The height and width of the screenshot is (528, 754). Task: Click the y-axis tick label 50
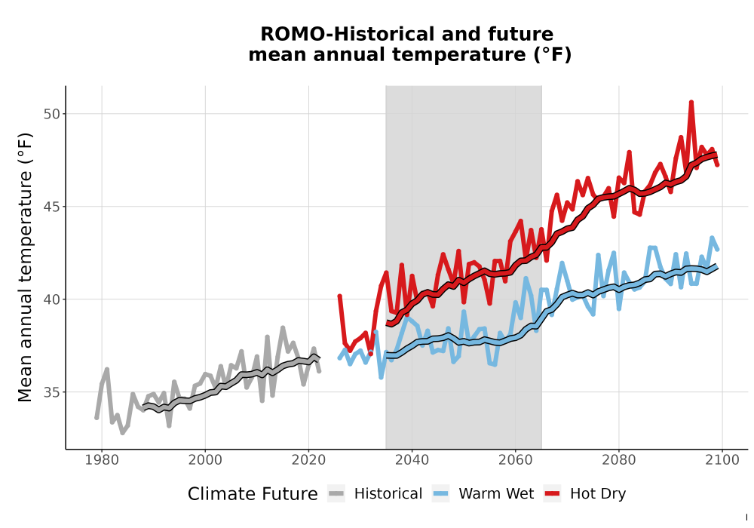(52, 115)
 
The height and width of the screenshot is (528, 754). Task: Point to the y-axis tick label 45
(52, 207)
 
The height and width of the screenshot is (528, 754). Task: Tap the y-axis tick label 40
(52, 299)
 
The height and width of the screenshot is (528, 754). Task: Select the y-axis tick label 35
(52, 392)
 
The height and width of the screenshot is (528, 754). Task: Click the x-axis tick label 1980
(102, 460)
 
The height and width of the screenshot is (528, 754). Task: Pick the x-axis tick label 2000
(205, 460)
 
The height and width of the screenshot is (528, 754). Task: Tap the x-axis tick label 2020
(308, 460)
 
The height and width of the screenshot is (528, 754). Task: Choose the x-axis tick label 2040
(412, 460)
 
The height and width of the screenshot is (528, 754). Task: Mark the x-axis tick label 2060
(515, 460)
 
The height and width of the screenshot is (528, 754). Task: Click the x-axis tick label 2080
(618, 460)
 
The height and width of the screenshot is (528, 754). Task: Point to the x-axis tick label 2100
(722, 460)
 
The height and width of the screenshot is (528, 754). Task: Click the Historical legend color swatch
(336, 494)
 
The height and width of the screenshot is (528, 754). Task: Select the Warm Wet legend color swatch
(440, 494)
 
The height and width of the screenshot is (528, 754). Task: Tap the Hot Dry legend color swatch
(552, 494)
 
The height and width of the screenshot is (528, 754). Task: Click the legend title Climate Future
(253, 494)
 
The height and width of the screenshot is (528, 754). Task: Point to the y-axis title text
(25, 267)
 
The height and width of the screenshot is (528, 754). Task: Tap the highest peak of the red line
(691, 102)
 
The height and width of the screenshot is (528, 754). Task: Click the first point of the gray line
(97, 418)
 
